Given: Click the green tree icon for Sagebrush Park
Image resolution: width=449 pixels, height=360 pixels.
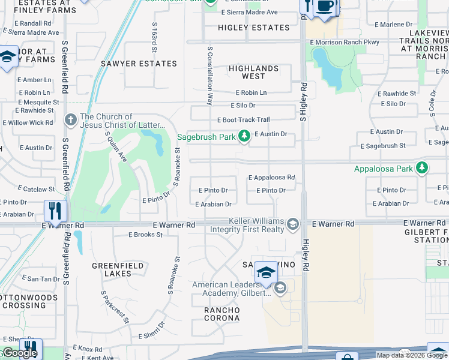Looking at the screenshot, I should click(244, 137).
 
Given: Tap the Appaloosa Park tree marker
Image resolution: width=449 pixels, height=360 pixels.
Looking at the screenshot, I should click(423, 168).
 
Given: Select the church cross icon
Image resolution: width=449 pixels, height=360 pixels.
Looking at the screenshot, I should click(71, 120).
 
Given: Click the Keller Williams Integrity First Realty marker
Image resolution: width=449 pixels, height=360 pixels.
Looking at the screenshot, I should click(292, 224).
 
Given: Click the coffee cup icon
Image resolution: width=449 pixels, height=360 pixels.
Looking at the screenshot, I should click(325, 6).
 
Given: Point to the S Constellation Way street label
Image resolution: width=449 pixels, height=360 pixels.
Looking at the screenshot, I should click(209, 76).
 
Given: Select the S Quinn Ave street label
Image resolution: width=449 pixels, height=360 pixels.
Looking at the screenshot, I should click(116, 148).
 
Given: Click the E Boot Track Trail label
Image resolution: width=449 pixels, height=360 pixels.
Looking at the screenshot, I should click(243, 120).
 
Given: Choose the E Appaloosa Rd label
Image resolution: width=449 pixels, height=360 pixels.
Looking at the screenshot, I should click(271, 178).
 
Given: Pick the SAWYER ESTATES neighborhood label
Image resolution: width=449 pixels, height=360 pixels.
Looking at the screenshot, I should click(139, 64).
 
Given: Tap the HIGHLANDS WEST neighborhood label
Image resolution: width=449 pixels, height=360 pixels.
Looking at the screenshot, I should click(253, 73).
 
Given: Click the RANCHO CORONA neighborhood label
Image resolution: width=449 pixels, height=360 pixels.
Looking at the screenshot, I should click(221, 314).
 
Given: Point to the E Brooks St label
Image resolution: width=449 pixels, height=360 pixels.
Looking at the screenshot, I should click(145, 235).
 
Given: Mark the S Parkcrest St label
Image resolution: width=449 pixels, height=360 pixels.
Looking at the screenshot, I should click(115, 307).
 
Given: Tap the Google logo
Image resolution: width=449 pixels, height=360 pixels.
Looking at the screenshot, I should click(19, 353).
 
